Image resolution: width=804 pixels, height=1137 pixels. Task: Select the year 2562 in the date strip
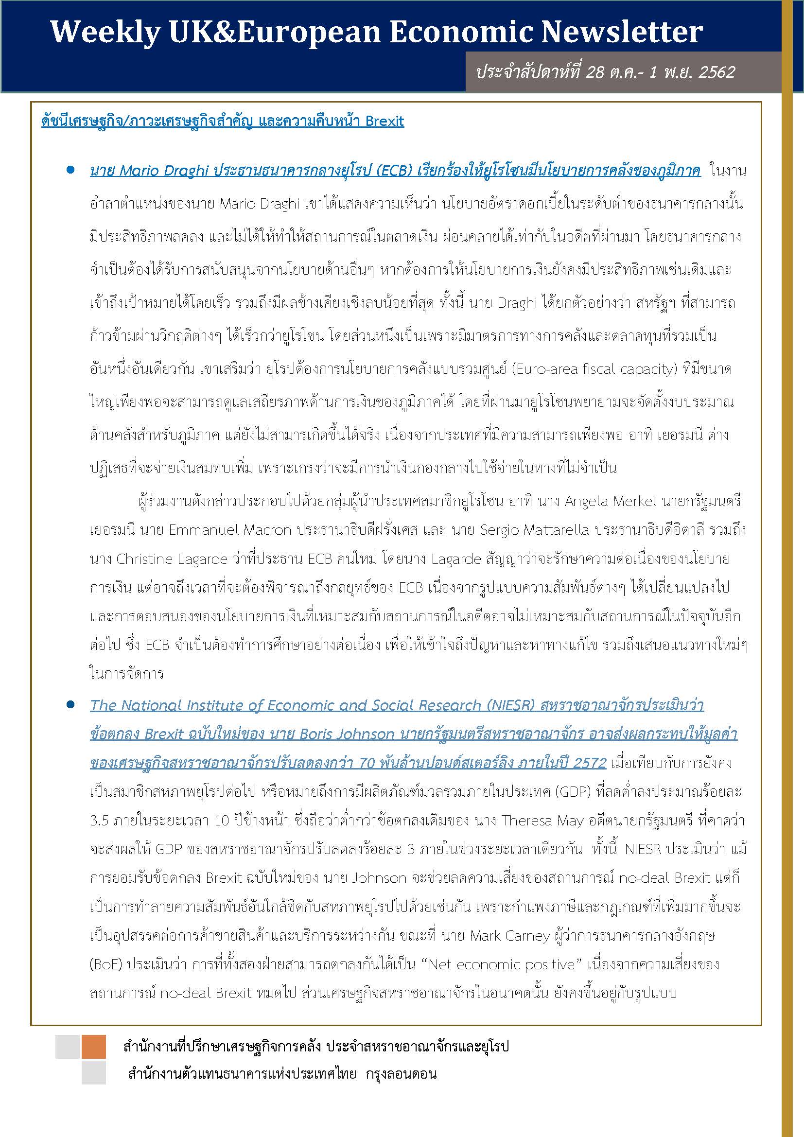click(x=717, y=72)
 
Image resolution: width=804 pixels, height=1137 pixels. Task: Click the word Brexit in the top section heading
click(x=385, y=122)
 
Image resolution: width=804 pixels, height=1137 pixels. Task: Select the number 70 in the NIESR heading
click(x=367, y=763)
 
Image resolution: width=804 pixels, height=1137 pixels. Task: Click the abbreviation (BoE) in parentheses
click(x=105, y=964)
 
